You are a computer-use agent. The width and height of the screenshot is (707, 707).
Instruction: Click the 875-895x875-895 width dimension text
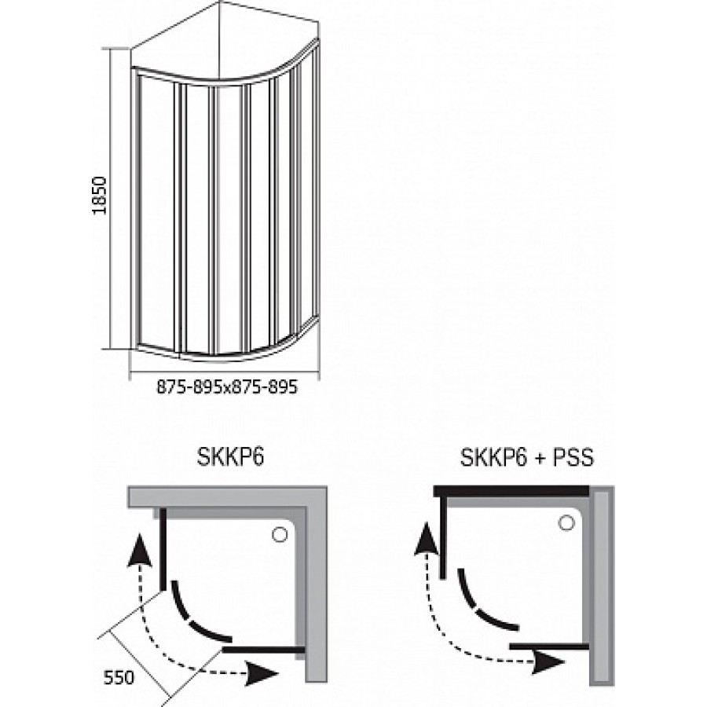click(227, 387)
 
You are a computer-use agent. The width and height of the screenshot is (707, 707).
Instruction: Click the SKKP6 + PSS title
click(526, 458)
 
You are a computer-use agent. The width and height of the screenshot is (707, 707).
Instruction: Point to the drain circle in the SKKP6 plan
click(278, 535)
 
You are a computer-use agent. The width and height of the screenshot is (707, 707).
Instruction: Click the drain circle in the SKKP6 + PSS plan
click(565, 522)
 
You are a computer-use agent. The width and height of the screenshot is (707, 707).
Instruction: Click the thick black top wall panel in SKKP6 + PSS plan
click(511, 491)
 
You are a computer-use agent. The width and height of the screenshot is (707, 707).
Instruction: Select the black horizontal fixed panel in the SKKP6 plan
click(264, 650)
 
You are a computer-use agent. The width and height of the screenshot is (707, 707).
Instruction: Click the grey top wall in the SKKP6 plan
click(228, 497)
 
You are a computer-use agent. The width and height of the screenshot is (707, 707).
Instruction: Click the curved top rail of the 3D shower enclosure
click(228, 79)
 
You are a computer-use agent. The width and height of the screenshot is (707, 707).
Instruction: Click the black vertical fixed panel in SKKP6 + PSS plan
click(445, 539)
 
